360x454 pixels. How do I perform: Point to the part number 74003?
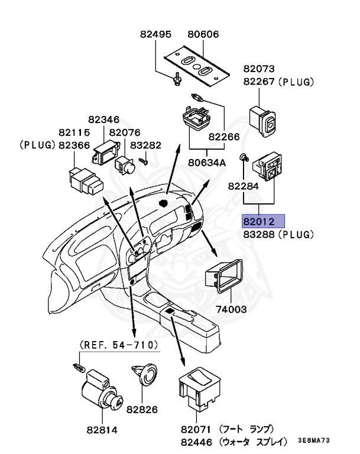point(228,309)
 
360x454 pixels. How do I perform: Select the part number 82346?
point(108,119)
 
